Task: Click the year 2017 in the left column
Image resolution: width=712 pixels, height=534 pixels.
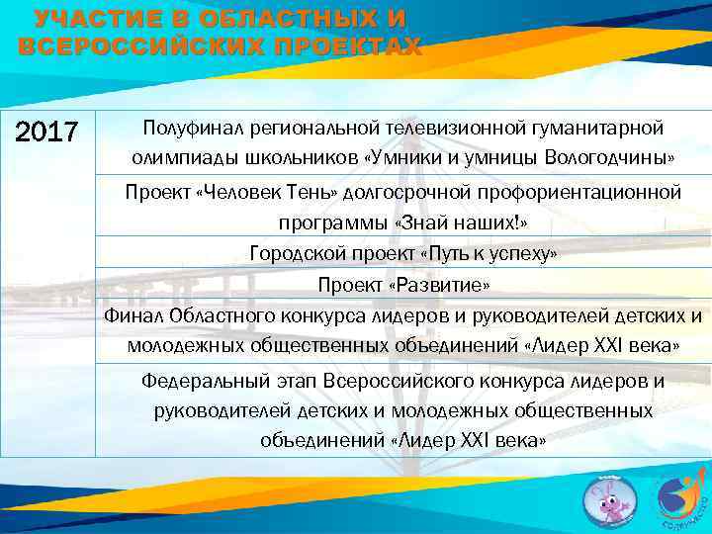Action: pos(48,133)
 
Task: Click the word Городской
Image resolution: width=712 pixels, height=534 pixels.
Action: pos(292,254)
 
